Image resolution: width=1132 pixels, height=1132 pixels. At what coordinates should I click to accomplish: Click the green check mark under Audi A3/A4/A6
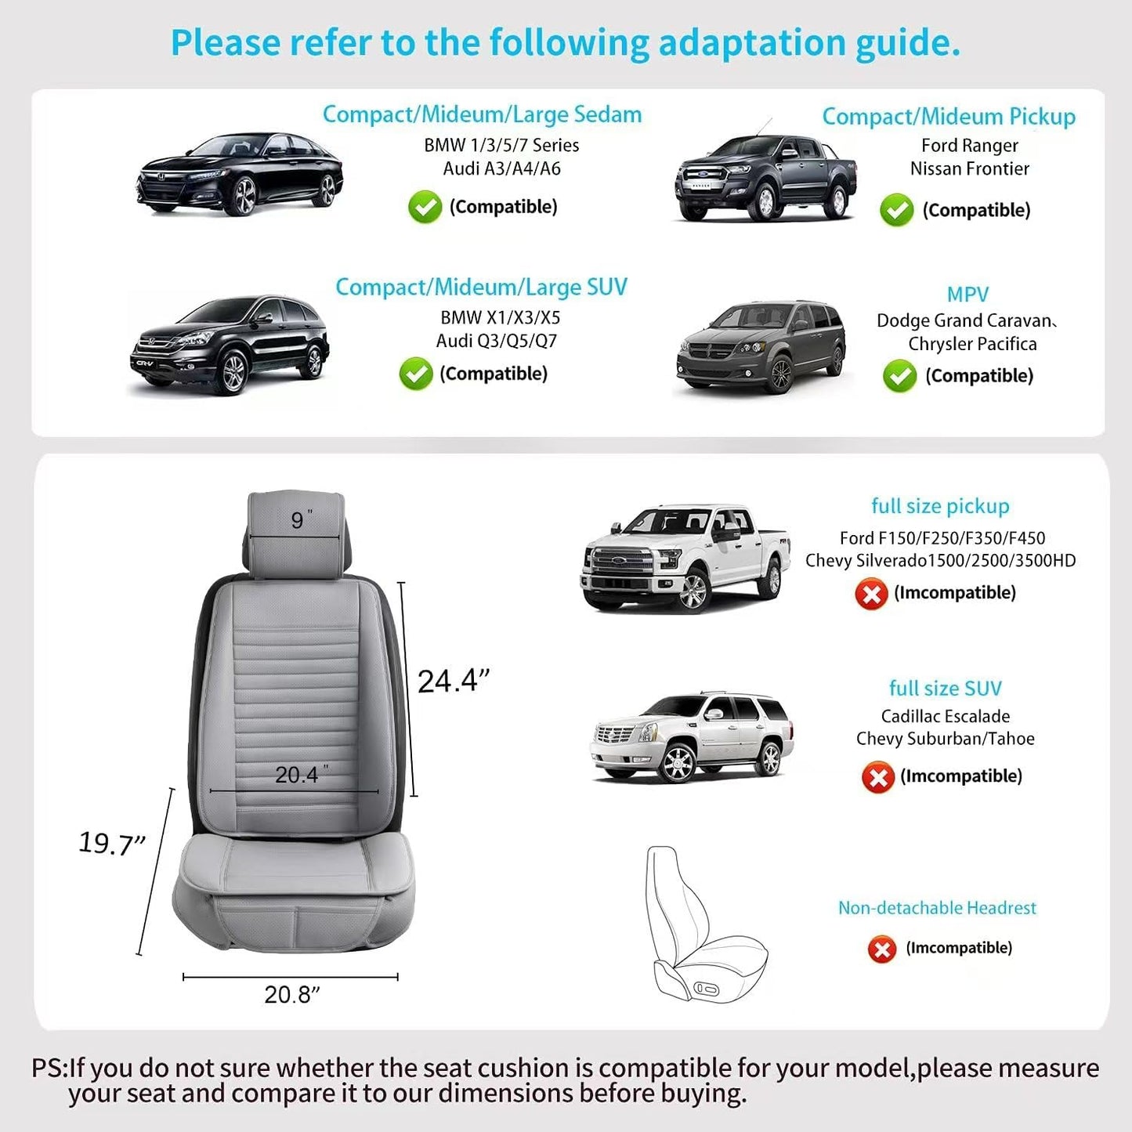425,207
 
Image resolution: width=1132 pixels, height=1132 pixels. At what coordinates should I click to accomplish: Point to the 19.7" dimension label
111,843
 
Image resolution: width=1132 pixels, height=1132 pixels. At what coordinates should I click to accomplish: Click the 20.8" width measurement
292,995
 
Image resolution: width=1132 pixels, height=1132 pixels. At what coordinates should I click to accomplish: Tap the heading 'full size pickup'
940,506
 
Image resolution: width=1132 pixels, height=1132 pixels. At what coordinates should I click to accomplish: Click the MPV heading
967,295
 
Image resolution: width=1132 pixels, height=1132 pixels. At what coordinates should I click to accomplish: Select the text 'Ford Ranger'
969,145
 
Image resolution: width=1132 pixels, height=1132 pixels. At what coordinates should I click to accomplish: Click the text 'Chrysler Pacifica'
972,344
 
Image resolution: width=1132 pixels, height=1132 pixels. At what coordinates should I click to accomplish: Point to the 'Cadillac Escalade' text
946,716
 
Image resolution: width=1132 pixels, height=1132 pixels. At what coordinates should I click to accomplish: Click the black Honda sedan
240,174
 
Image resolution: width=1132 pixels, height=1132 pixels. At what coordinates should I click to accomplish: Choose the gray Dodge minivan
761,346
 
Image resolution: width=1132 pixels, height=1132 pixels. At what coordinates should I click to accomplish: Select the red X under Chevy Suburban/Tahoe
877,777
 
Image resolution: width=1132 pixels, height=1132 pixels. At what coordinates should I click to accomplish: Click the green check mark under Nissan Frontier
896,210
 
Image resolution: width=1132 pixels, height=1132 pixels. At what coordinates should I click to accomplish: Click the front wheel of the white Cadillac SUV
678,762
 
